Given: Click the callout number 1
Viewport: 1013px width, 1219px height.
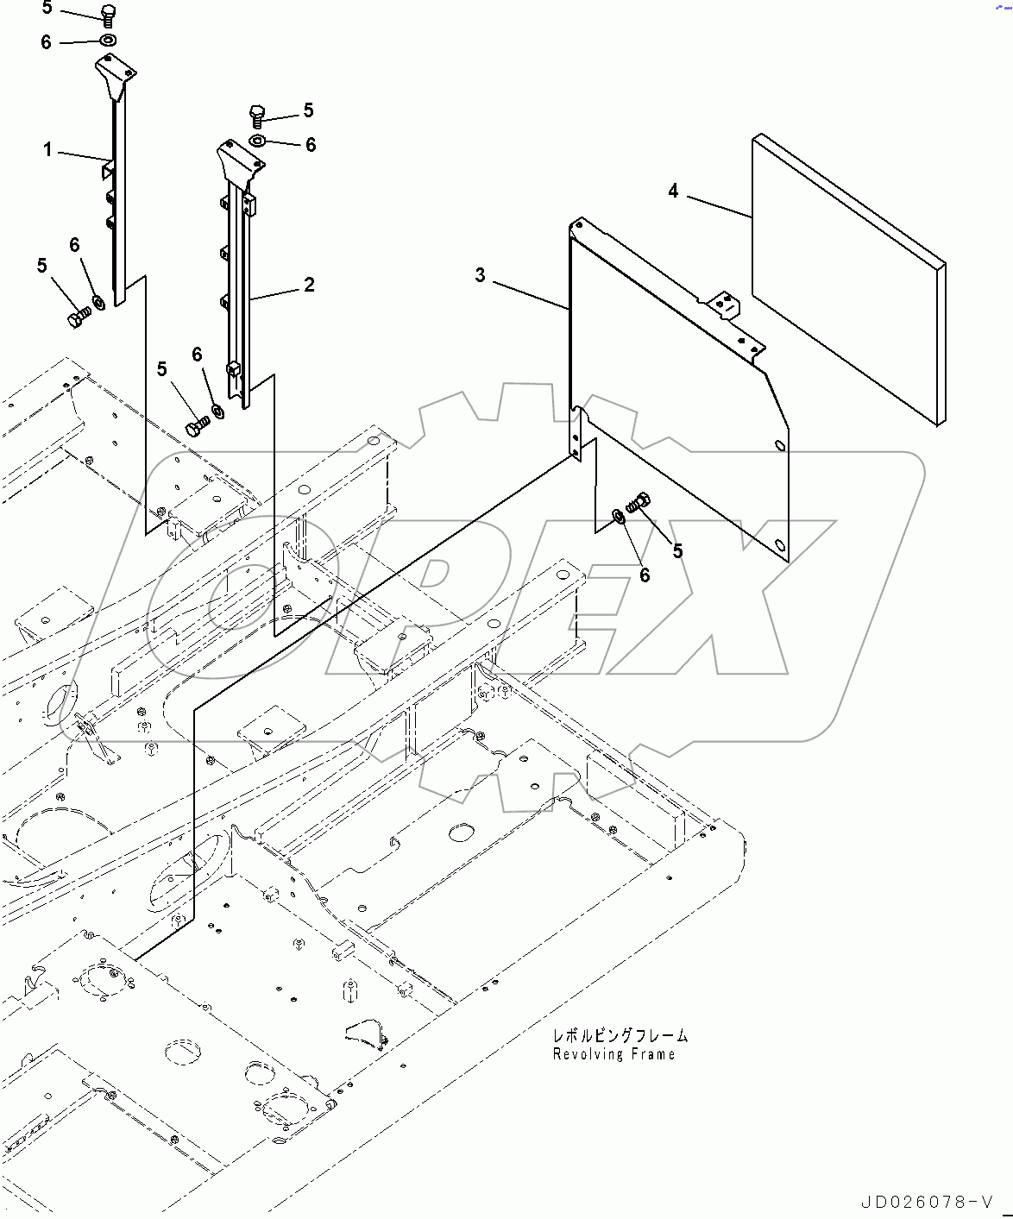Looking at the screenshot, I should click(x=48, y=150).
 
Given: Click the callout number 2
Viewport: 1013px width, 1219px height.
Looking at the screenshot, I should click(x=309, y=284).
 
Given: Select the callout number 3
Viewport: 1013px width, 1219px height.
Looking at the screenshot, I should click(x=480, y=275).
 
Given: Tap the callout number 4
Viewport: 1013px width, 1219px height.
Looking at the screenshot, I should click(x=673, y=191).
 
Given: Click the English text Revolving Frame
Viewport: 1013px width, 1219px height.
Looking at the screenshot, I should click(x=613, y=1054).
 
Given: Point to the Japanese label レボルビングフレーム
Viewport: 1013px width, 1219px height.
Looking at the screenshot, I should click(x=620, y=1035).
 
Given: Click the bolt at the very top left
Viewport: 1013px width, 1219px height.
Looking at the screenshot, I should click(x=108, y=15).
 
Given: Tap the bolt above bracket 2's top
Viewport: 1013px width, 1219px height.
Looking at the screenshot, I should click(x=257, y=115).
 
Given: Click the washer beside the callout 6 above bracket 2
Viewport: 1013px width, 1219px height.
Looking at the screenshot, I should click(x=258, y=141).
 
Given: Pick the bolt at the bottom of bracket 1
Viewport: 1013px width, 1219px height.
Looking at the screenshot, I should click(x=78, y=318).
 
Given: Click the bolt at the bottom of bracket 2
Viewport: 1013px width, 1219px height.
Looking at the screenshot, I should click(x=198, y=426).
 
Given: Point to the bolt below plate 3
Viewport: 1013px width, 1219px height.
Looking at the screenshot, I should click(x=639, y=501).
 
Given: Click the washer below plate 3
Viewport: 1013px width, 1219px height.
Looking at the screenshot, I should click(x=619, y=517).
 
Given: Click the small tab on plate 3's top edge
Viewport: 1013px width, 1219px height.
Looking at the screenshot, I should click(x=724, y=305).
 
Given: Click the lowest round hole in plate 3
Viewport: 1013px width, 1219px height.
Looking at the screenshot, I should click(x=779, y=544).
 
